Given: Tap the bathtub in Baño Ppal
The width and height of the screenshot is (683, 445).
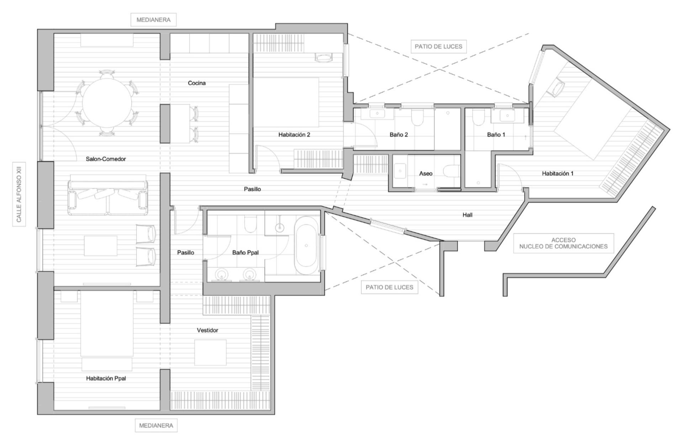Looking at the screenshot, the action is point(306,246).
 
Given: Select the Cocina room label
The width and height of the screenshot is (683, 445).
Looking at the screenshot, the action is point(197,83).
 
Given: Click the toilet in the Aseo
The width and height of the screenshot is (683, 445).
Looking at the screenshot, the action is point(452,171).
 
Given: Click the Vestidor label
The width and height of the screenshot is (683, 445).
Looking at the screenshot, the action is point(207,330).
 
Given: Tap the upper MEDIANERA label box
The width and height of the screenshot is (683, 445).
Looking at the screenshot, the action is point(153,20).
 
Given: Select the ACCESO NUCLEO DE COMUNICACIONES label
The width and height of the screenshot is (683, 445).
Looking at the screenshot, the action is point(563,243).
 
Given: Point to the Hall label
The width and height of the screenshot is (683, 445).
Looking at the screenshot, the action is point(467,215).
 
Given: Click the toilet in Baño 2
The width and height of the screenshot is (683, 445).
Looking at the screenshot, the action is point(417,117).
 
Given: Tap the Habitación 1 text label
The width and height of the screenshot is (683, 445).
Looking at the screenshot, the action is point(557,173).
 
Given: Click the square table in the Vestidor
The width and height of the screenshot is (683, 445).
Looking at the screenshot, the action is point(210,352).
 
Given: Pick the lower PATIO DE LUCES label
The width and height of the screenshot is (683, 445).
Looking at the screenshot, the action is point(390,287).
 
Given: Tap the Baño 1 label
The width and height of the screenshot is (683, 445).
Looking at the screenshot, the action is point(496,135).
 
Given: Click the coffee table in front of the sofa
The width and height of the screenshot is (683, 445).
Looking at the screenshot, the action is point(101,246).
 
